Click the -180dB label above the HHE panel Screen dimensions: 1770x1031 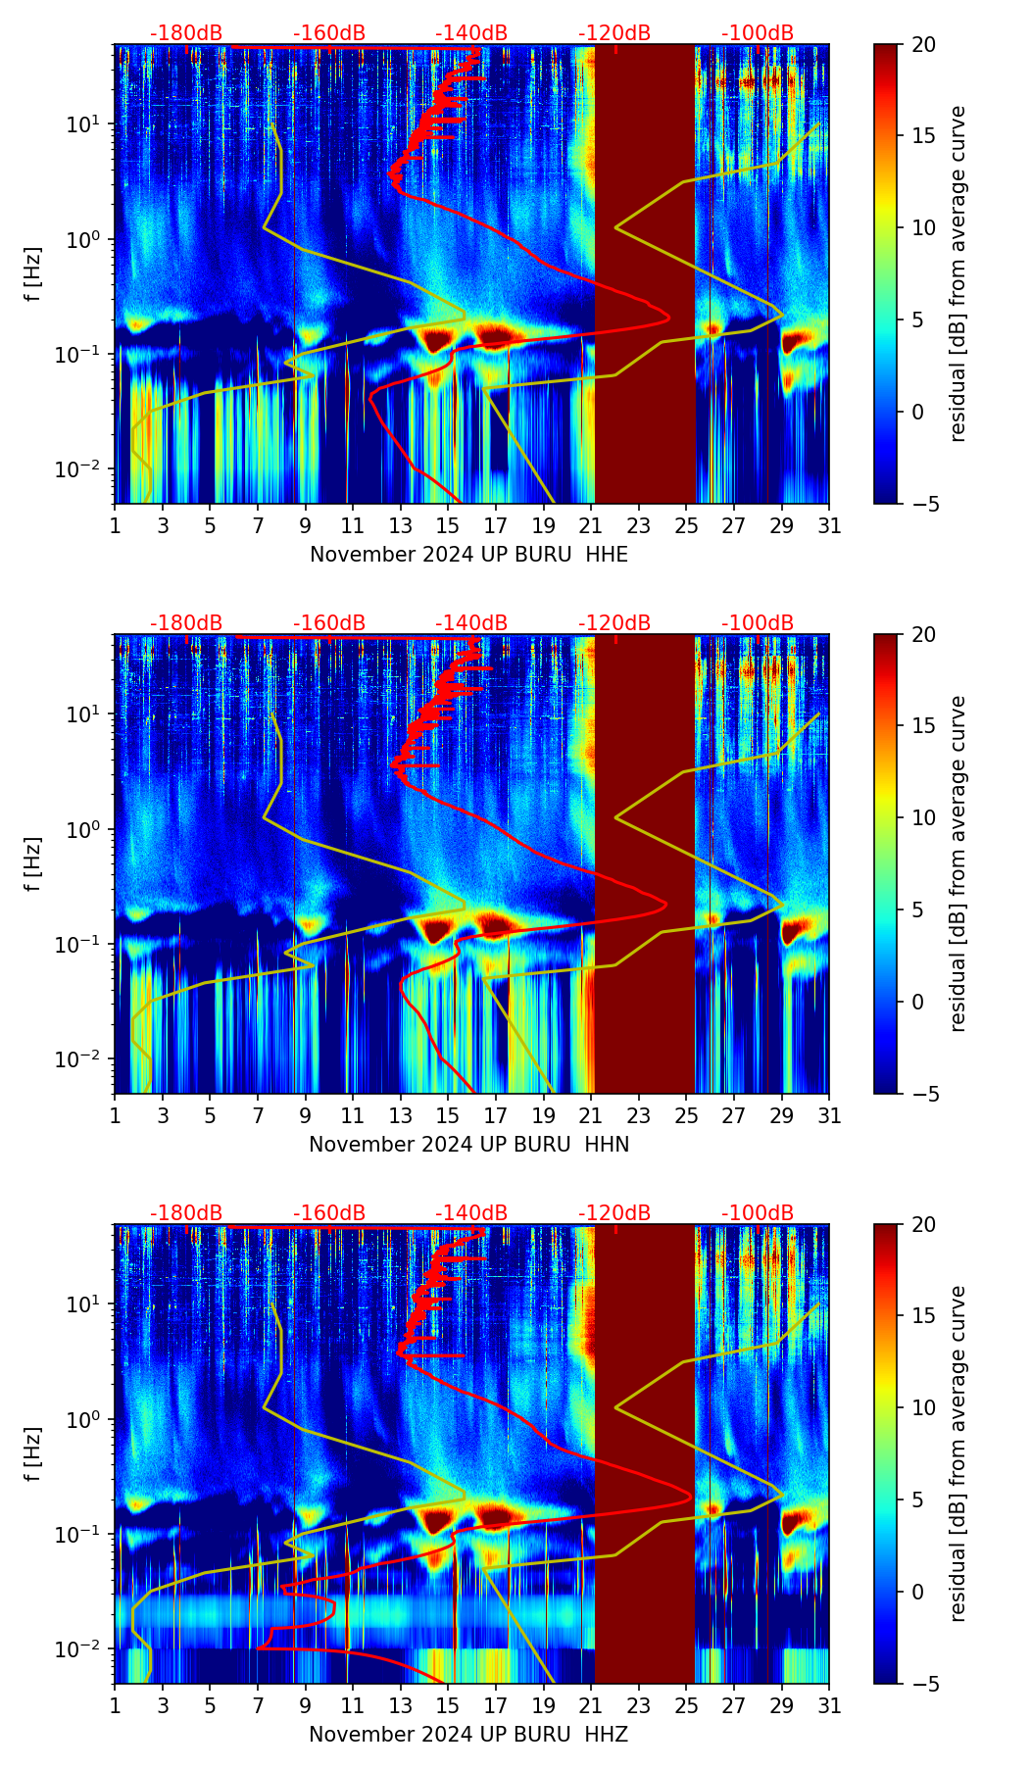click(x=186, y=33)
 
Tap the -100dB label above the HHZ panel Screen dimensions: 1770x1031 click(x=758, y=1213)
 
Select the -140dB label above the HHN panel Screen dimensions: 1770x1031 click(x=471, y=623)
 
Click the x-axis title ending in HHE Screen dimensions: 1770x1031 click(x=468, y=555)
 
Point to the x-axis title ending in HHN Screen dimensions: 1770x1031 click(x=468, y=1145)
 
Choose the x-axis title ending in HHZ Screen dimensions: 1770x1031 click(x=468, y=1735)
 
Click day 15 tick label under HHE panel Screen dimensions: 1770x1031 click(x=448, y=526)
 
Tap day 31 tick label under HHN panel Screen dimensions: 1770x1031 click(x=829, y=1116)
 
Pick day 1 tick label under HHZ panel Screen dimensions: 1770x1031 click(x=115, y=1706)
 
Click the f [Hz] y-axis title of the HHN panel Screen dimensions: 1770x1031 click(x=33, y=863)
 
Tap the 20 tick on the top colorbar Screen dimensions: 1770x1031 click(x=923, y=45)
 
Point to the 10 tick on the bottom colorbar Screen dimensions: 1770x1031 click(x=923, y=1407)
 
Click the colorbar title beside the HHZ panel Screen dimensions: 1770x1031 click(x=957, y=1453)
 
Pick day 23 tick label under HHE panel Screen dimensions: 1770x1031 click(x=639, y=526)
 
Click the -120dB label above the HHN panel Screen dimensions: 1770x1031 click(x=614, y=623)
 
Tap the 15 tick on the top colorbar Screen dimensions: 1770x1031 click(x=923, y=136)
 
